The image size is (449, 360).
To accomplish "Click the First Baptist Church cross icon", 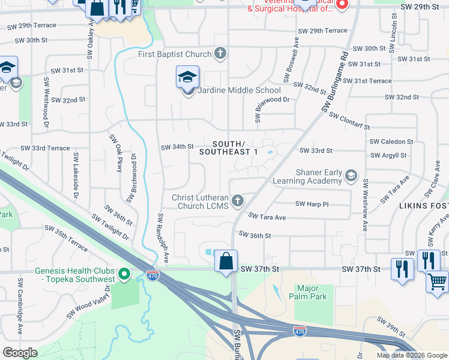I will coord(220,55).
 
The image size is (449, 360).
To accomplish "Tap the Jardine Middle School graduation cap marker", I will coord(187,78).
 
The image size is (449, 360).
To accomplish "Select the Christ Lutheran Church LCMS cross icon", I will coord(238,200).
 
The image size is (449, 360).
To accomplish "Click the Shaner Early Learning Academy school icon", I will coord(351,176).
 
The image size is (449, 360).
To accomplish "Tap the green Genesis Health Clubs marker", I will coord(124,275).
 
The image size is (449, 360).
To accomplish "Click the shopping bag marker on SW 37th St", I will coord(226,262).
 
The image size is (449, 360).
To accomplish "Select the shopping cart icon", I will coord(438,281).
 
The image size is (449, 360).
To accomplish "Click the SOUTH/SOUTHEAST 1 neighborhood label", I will coord(229,148).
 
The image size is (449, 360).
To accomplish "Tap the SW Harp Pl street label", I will coord(312,204).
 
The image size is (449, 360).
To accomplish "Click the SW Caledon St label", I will coord(391,142).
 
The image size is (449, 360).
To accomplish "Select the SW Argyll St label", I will coord(388,155).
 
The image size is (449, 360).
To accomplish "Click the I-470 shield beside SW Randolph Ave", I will coord(152,275).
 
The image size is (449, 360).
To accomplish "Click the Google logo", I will coord(20,353).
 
